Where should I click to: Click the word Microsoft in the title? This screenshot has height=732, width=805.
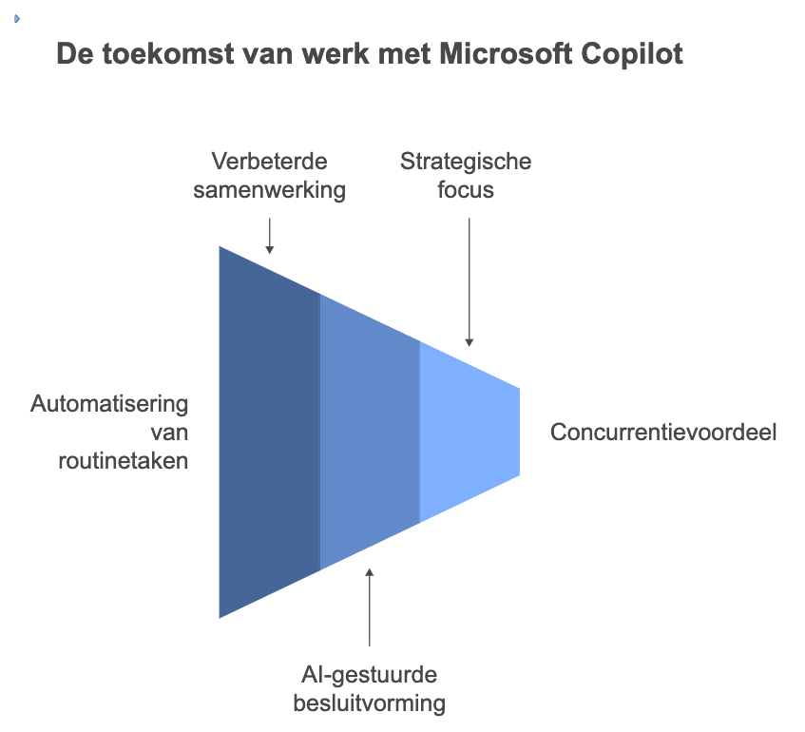pyautogui.click(x=506, y=53)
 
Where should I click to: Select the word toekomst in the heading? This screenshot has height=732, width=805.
pyautogui.click(x=168, y=53)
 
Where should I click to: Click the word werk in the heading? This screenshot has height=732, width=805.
pyautogui.click(x=335, y=53)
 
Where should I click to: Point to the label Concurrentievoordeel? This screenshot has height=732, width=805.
pyautogui.click(x=663, y=432)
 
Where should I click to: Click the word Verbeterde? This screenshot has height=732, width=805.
pyautogui.click(x=269, y=162)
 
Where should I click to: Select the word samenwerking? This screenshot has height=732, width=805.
pyautogui.click(x=269, y=190)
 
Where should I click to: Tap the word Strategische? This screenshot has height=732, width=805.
pyautogui.click(x=466, y=162)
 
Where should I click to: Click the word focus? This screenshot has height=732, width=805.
pyautogui.click(x=466, y=189)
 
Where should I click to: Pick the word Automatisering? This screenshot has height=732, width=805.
pyautogui.click(x=109, y=404)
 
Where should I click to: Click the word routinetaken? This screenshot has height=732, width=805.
pyautogui.click(x=124, y=461)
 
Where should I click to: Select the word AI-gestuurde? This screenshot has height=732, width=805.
pyautogui.click(x=369, y=675)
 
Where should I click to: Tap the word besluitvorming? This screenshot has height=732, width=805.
pyautogui.click(x=369, y=703)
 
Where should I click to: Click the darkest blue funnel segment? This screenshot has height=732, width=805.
pyautogui.click(x=270, y=432)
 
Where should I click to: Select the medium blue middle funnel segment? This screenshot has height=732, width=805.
pyautogui.click(x=370, y=432)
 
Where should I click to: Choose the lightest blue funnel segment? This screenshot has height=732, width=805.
pyautogui.click(x=470, y=432)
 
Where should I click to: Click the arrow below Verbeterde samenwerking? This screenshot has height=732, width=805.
pyautogui.click(x=270, y=237)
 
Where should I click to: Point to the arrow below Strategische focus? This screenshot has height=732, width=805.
pyautogui.click(x=469, y=282)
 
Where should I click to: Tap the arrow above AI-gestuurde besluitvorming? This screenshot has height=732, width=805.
pyautogui.click(x=369, y=607)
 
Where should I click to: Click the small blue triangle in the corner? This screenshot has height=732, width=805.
pyautogui.click(x=17, y=19)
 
